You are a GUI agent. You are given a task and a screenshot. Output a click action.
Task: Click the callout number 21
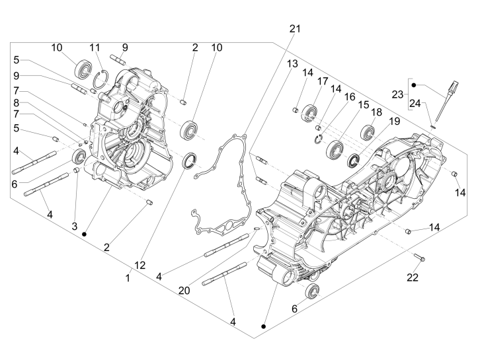pos(295,28)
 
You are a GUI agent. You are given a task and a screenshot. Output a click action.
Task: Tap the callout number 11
pos(95,48)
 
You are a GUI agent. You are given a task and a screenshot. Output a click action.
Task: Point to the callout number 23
pos(399,94)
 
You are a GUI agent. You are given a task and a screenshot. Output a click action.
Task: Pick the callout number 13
pos(292,63)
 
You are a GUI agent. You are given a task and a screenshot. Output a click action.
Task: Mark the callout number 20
pos(184,289)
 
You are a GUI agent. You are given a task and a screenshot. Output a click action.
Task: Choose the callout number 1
pos(128,278)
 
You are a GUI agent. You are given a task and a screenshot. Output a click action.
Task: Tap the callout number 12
pos(140,265)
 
